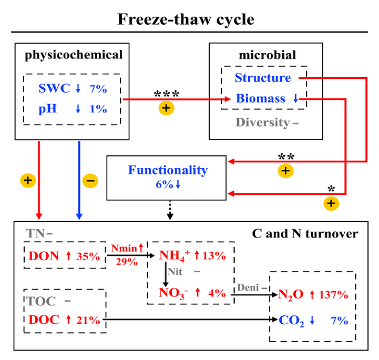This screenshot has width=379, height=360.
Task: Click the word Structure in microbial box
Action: pos(263,78)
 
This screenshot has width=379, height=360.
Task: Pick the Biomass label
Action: pos(261,98)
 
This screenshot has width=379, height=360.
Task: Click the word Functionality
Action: pos(168,170)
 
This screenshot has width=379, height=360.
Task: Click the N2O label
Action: pos(290,294)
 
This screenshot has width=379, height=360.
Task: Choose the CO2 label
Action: pos(291,320)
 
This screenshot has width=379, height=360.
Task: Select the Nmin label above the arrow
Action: pos(122,247)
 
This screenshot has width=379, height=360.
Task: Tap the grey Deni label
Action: pos(247,287)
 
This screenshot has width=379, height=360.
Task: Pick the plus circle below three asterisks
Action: pos(166,108)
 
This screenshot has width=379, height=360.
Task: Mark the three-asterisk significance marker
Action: pos(166,95)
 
